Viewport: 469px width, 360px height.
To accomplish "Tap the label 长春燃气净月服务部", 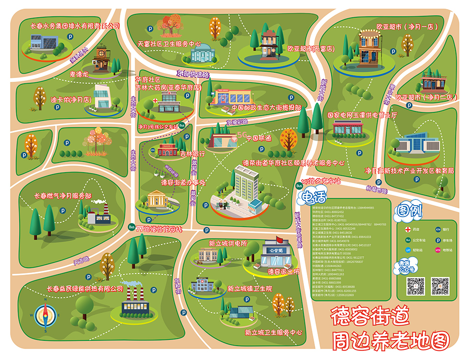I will (x=63, y=196).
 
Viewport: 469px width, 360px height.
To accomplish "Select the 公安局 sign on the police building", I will (x=275, y=250).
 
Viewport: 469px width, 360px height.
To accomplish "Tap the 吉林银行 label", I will (x=192, y=154).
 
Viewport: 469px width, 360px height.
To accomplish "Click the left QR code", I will (x=416, y=286).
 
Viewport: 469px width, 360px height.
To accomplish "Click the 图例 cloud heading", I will (x=411, y=210).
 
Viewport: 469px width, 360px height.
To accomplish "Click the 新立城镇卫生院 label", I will (x=249, y=289).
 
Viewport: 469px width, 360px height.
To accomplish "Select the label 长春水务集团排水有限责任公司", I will (x=74, y=26).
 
